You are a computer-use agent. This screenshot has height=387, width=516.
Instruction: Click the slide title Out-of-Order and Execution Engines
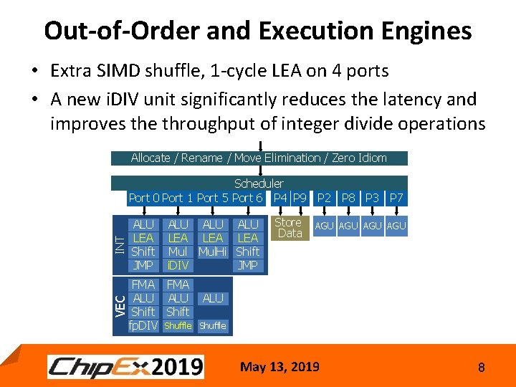click(x=257, y=31)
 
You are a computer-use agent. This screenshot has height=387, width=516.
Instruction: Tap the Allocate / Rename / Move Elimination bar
click(x=259, y=158)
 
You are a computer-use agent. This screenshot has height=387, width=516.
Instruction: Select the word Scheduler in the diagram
click(x=259, y=183)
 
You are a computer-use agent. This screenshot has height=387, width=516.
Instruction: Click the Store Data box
click(x=290, y=228)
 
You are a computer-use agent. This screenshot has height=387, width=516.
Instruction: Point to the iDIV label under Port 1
click(x=177, y=266)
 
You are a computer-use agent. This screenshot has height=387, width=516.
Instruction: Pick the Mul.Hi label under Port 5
click(x=213, y=252)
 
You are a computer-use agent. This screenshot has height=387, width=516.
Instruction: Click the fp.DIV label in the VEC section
click(x=143, y=325)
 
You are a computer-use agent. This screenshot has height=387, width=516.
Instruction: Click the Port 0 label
click(x=144, y=198)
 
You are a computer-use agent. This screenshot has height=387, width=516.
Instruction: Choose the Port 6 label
click(x=247, y=198)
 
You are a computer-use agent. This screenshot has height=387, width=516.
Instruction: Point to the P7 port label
click(x=396, y=198)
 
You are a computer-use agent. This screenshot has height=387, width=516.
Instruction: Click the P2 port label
click(x=325, y=198)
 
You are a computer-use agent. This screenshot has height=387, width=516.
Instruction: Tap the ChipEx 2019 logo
click(x=126, y=367)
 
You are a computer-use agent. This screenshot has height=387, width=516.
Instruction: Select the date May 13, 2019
click(x=280, y=367)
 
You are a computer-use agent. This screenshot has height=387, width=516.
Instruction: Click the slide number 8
click(x=482, y=368)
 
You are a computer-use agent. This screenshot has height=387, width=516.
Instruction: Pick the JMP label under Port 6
click(x=248, y=266)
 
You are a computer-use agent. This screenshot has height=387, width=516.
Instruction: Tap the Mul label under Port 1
click(x=177, y=252)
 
